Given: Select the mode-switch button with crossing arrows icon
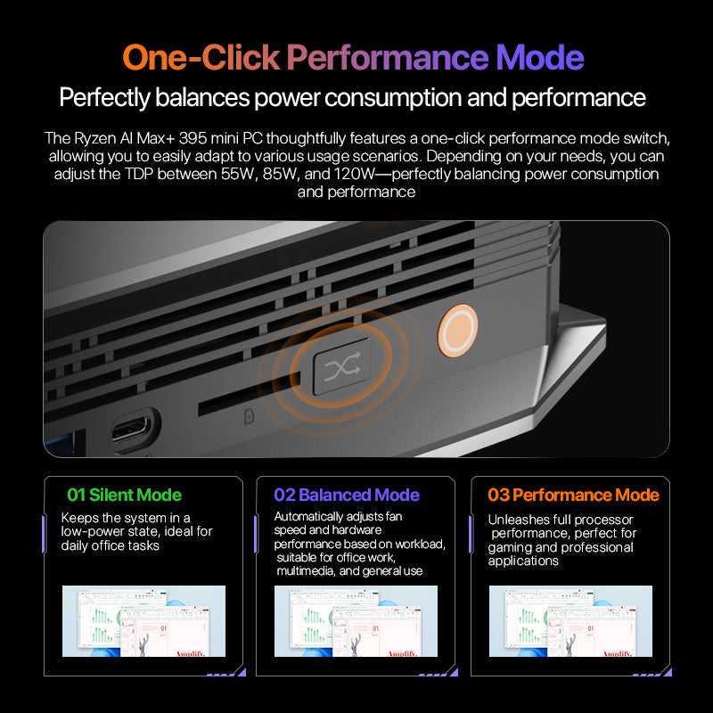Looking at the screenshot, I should coord(340,365).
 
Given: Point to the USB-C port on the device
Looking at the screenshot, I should coord(135,431).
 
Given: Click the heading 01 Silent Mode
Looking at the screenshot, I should coord(124,495).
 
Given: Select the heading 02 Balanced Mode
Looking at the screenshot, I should coord(346,495).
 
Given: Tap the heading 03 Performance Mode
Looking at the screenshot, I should coord(573,495).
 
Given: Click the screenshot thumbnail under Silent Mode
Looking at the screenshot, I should coord(143,621).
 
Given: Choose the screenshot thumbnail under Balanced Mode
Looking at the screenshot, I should coord(356,621).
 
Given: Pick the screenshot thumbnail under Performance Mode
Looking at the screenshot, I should coord(570,621).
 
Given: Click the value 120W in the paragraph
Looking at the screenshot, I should coord(355,174).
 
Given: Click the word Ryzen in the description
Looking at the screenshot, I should coord(96,139).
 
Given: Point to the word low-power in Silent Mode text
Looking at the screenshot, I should coord(97,532).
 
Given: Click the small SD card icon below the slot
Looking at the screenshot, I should coord(249,414).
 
